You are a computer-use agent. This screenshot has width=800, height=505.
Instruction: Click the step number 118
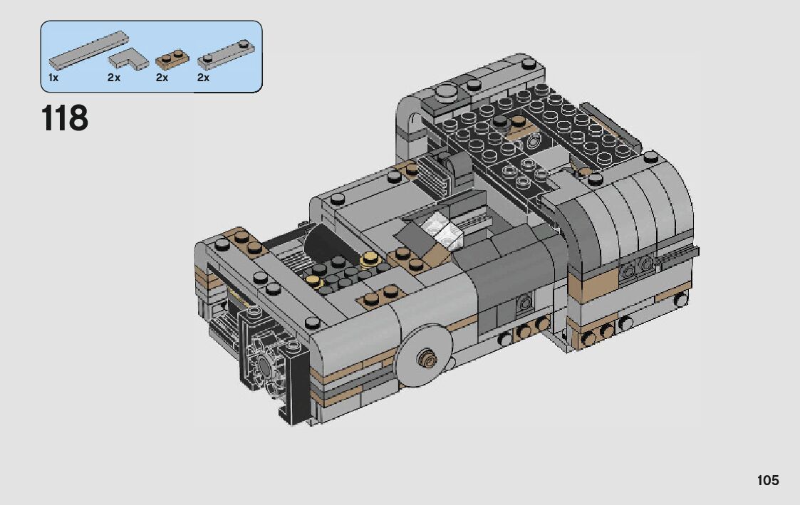(x=64, y=118)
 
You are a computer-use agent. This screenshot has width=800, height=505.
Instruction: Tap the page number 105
(x=768, y=480)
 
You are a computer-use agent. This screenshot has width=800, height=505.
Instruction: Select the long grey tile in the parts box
(x=89, y=49)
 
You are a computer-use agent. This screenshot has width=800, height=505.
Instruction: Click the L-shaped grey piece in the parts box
(x=128, y=58)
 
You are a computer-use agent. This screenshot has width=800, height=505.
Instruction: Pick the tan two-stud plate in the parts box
(x=172, y=59)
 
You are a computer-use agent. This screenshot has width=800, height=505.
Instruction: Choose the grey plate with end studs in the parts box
(x=226, y=55)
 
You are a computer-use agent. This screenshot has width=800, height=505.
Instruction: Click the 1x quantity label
(x=53, y=78)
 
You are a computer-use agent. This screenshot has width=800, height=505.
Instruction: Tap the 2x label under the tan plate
(x=162, y=78)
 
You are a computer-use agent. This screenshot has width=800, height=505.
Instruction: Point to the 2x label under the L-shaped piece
(x=114, y=78)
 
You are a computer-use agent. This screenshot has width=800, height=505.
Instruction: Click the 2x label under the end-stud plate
(x=203, y=78)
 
